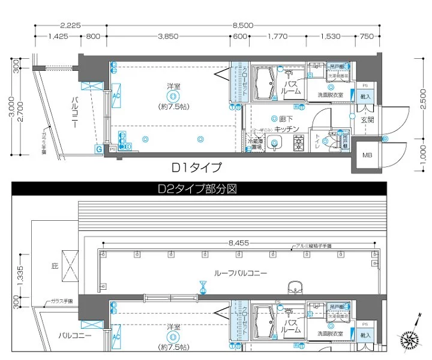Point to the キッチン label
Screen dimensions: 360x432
tap(287, 128)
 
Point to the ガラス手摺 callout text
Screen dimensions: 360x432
tap(61, 302)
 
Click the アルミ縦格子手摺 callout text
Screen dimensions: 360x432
tap(312, 246)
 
